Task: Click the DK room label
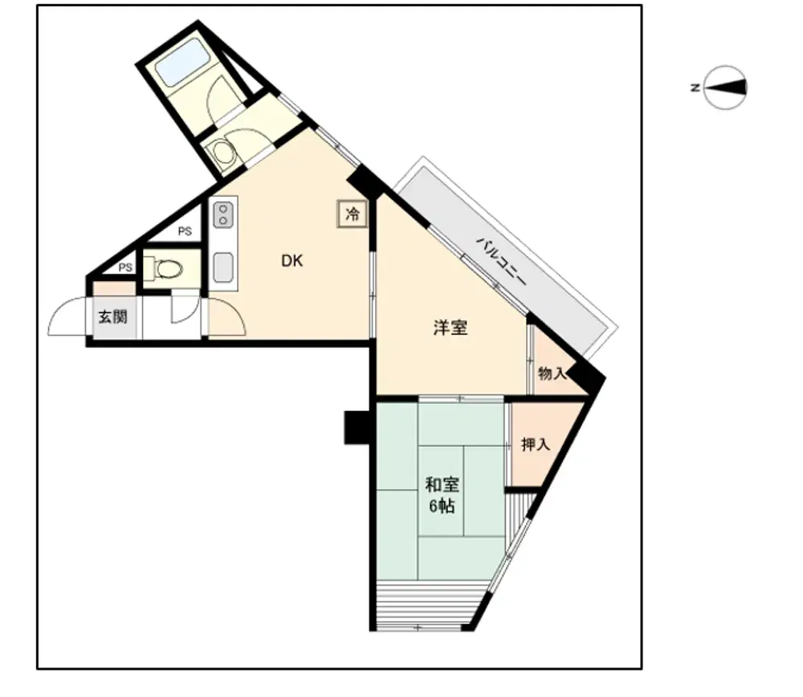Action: (x=292, y=261)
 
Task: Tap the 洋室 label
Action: (x=450, y=328)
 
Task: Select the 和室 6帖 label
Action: (x=442, y=495)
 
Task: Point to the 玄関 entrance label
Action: (x=112, y=317)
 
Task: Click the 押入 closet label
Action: (x=536, y=445)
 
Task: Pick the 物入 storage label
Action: (x=552, y=374)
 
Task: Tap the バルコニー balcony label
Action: (x=501, y=262)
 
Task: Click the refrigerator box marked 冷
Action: (x=353, y=214)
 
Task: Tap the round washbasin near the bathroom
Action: (x=222, y=152)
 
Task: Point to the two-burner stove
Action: (x=223, y=215)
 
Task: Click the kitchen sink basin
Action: (x=223, y=267)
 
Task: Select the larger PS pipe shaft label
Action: (x=185, y=231)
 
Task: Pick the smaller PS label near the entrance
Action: (x=125, y=267)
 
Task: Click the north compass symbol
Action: (x=724, y=88)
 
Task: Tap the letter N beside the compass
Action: (x=695, y=88)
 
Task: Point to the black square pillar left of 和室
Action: (x=357, y=427)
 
